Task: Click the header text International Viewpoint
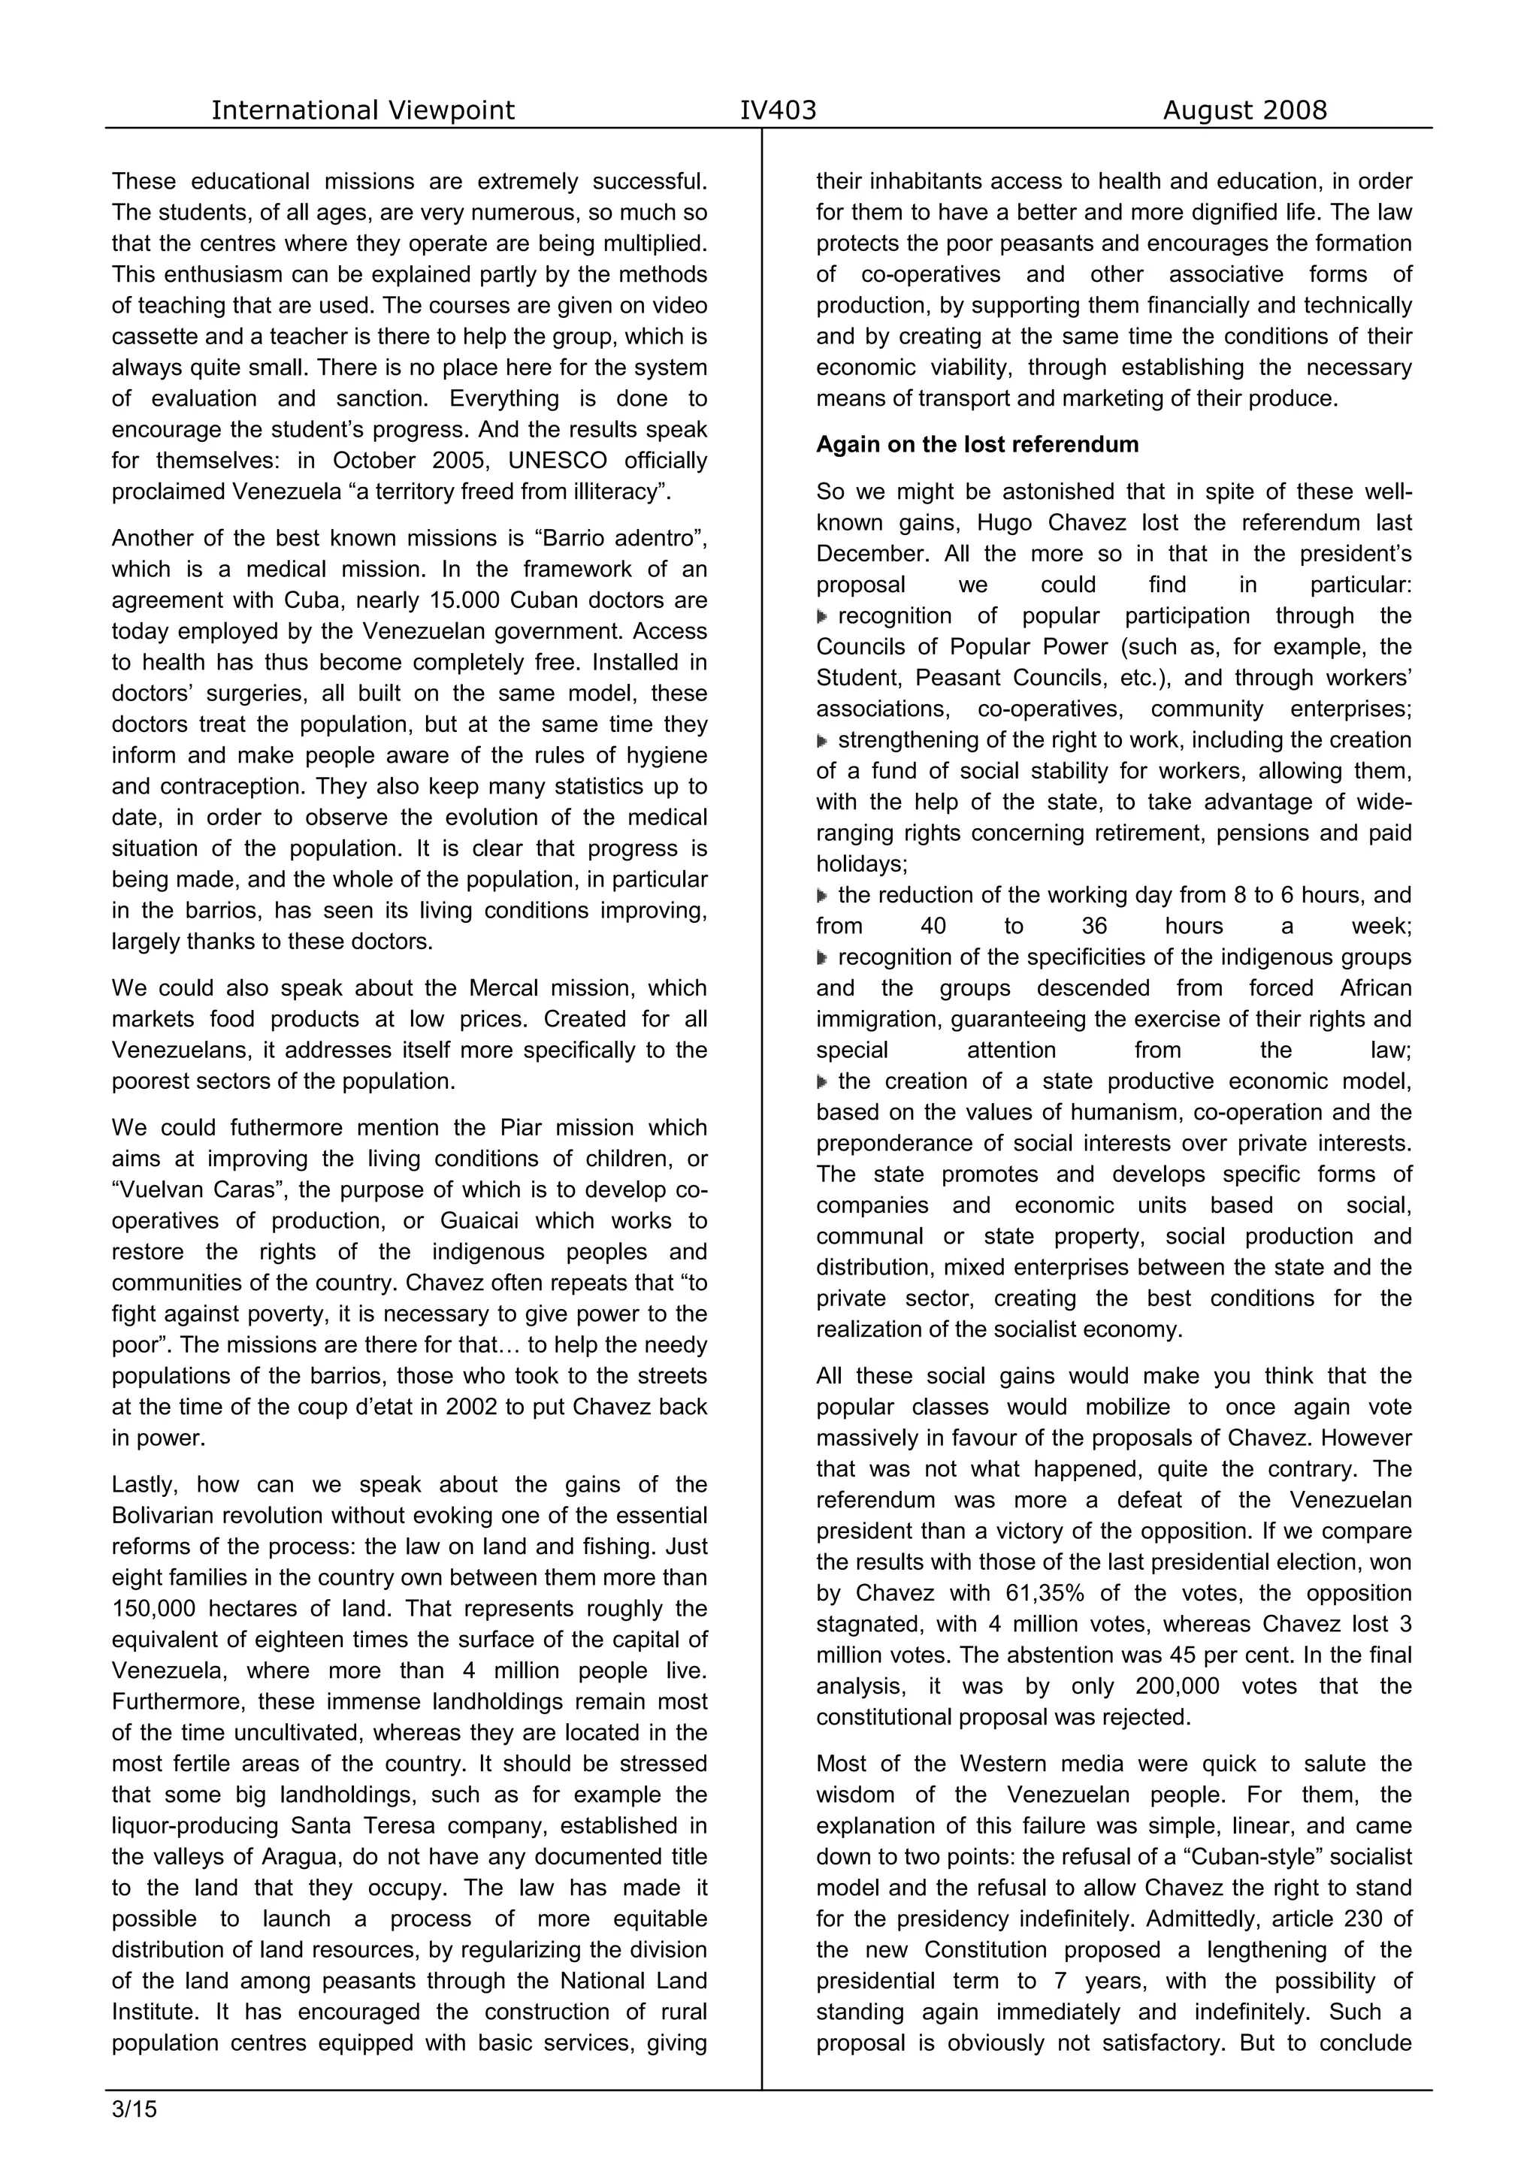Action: [362, 111]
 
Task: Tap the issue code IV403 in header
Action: [778, 111]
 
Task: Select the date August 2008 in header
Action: [1244, 111]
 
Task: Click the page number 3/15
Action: [134, 2109]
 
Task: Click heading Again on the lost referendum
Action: [977, 445]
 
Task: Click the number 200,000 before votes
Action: [1177, 1686]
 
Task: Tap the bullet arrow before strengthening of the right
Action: [822, 740]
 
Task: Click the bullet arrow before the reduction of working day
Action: [822, 896]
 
